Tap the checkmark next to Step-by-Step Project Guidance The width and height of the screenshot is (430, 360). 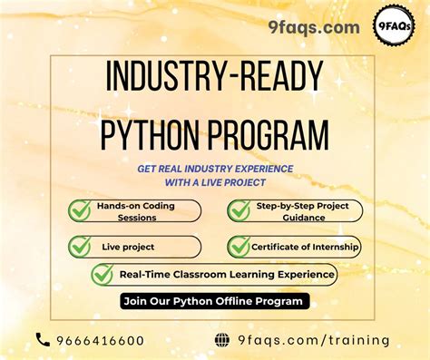[x=239, y=210]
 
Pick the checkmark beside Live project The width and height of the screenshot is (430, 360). [x=80, y=246]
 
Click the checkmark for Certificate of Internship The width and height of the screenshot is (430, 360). [x=239, y=246]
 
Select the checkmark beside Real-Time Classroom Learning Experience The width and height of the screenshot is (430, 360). [x=103, y=274]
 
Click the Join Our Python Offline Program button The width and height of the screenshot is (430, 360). [x=214, y=301]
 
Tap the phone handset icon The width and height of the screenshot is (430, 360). [x=43, y=340]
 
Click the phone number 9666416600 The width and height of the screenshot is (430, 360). [x=101, y=341]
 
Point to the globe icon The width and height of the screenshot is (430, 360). [x=221, y=340]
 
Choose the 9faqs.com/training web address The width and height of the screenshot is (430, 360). [x=314, y=341]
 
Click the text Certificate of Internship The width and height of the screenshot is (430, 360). [x=306, y=246]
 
